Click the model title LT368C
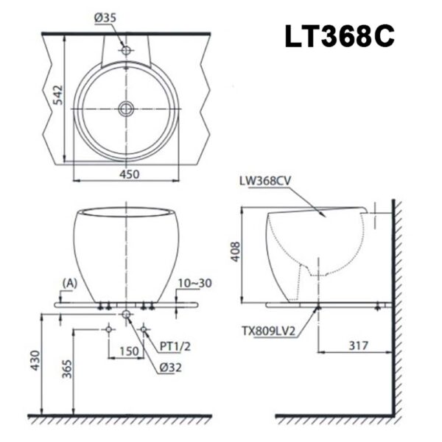coord(340,36)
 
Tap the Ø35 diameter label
coord(105,18)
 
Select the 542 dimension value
coord(58,95)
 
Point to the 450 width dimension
coord(130,174)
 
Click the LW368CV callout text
coord(265,180)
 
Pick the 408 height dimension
coord(236,252)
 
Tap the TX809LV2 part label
coord(268,331)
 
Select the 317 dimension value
coord(358,345)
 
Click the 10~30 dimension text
coord(194,283)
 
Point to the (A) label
coord(70,284)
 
